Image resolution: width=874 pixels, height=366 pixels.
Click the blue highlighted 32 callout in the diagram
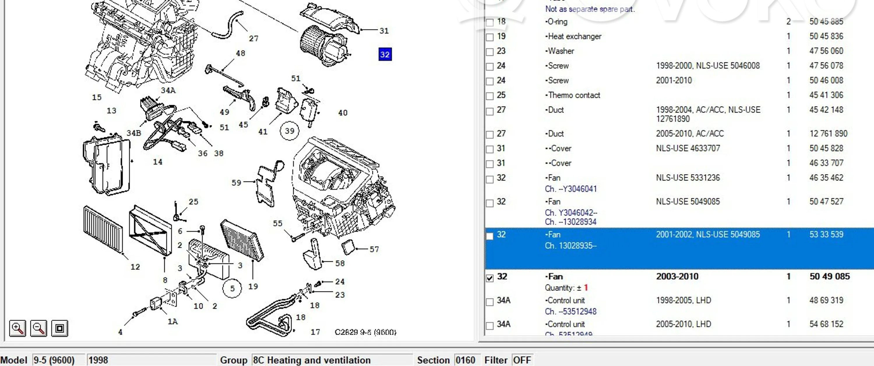[x=385, y=54]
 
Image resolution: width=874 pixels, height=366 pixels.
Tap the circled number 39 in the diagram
[x=289, y=131]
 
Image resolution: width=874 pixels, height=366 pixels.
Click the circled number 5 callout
[x=232, y=288]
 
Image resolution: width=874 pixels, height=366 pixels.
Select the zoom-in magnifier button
[x=17, y=328]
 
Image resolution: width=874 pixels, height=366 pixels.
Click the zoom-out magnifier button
[x=38, y=328]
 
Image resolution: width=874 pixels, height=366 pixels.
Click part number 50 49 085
[x=829, y=276]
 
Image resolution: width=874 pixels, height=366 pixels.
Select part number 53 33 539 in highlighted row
[x=826, y=234]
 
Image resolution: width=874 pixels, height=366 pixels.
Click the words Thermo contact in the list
[x=574, y=95]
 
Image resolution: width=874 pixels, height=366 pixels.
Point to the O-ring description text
[x=557, y=22]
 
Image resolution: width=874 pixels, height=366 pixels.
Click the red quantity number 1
[x=586, y=288]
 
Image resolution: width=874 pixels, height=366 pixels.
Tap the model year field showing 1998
[x=151, y=360]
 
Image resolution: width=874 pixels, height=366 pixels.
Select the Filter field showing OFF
[x=522, y=360]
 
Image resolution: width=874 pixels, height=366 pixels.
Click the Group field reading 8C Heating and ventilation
[x=332, y=360]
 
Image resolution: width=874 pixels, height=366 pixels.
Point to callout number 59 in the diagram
[x=236, y=183]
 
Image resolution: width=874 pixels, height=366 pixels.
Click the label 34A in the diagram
[x=168, y=90]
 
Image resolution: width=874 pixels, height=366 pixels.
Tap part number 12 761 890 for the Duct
[x=828, y=134]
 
